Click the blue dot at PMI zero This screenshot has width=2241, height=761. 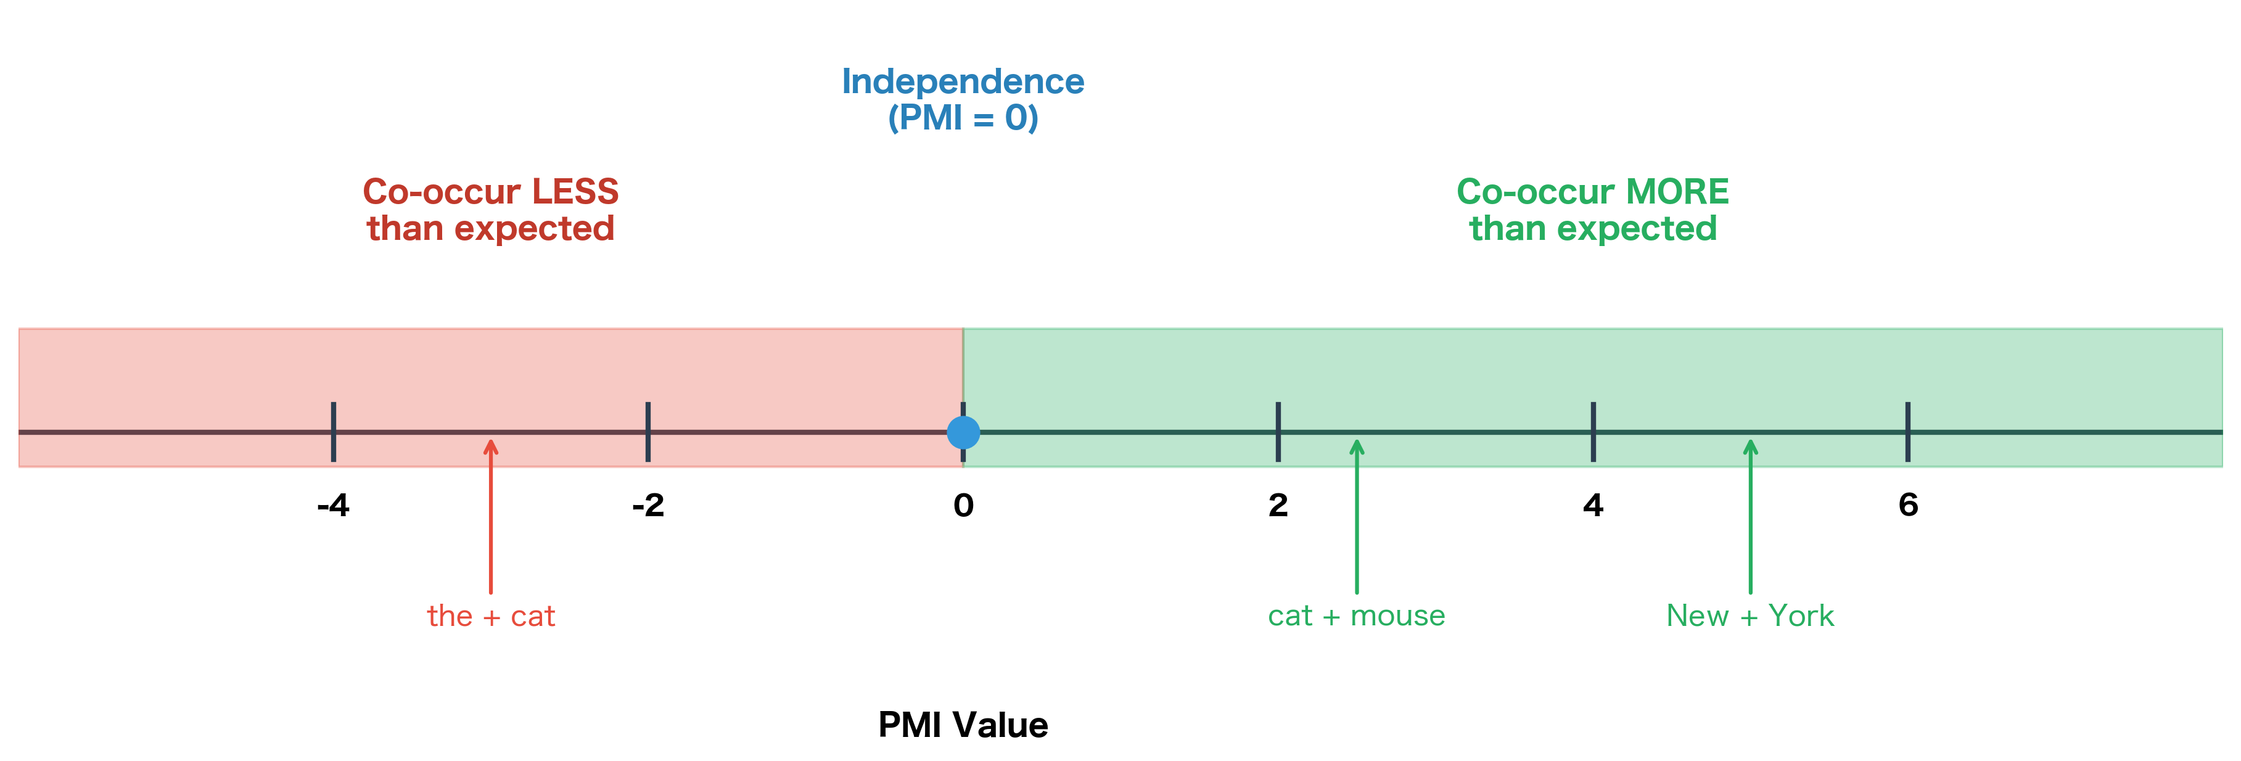pyautogui.click(x=963, y=432)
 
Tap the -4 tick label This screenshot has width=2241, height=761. pyautogui.click(x=333, y=505)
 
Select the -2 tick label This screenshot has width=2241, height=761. pyautogui.click(x=648, y=505)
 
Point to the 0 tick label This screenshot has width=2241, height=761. pyautogui.click(x=963, y=505)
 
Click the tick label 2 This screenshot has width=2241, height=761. pyautogui.click(x=1278, y=505)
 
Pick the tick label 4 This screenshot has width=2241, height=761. pyautogui.click(x=1593, y=505)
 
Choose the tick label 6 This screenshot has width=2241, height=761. pyautogui.click(x=1908, y=505)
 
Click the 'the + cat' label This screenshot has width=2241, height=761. pyautogui.click(x=491, y=615)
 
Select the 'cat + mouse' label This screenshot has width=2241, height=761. pyautogui.click(x=1356, y=615)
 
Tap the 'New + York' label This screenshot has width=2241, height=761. pyautogui.click(x=1750, y=615)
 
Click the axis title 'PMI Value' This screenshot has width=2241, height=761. pyautogui.click(x=963, y=725)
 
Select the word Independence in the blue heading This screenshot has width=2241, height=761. pyautogui.click(x=963, y=82)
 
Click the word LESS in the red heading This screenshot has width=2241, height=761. pyautogui.click(x=575, y=191)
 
